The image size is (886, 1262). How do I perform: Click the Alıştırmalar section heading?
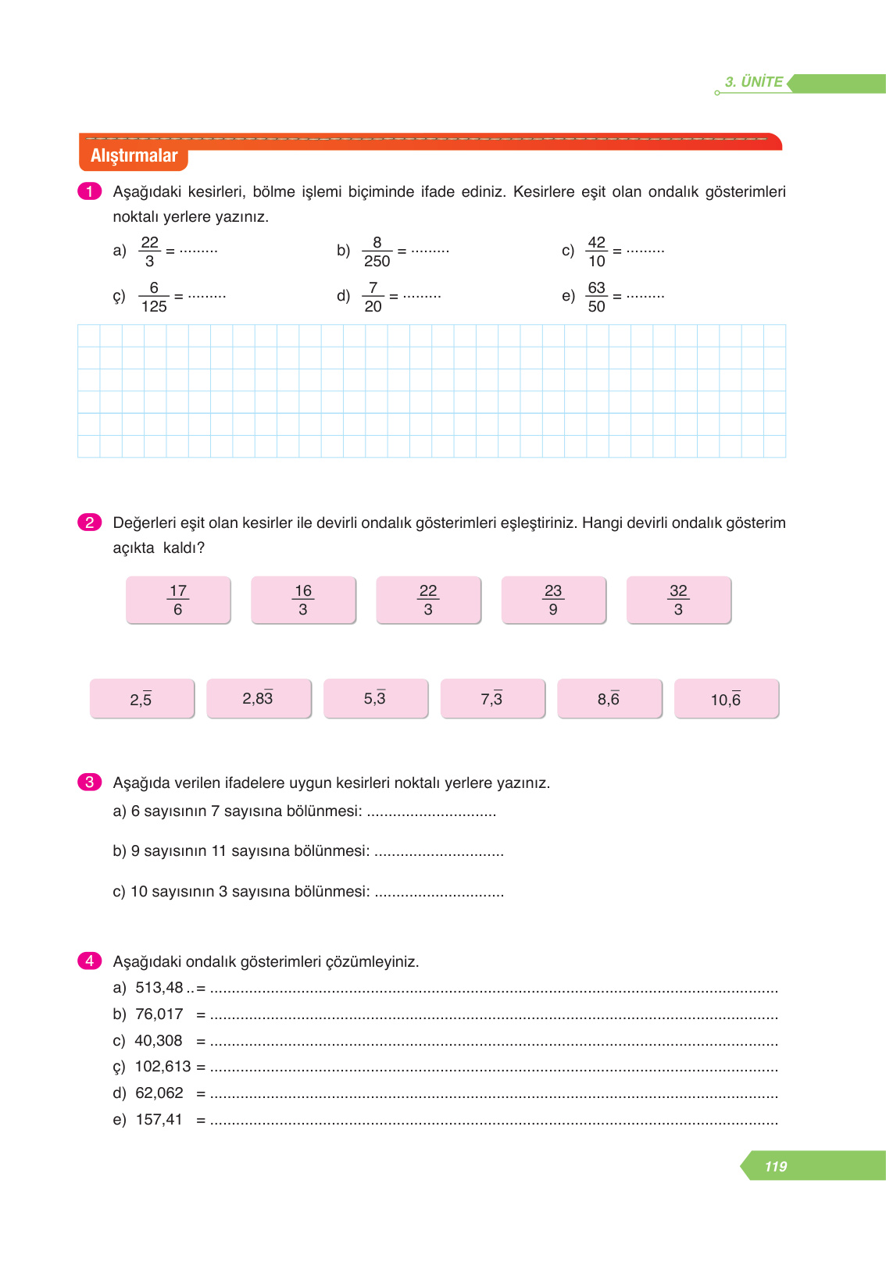(x=134, y=155)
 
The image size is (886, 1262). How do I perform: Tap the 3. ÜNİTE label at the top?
(x=753, y=82)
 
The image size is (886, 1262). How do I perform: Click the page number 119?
(x=775, y=1166)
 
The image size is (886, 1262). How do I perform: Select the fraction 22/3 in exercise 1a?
(x=150, y=251)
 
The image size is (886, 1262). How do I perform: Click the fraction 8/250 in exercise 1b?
(x=377, y=251)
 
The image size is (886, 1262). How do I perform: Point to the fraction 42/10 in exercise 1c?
(x=596, y=251)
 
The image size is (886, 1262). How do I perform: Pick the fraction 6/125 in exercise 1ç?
(x=154, y=297)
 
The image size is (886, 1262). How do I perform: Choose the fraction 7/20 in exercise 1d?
(x=373, y=297)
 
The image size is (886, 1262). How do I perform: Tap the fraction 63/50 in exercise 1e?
(x=596, y=297)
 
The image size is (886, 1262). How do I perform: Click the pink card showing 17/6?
(x=178, y=600)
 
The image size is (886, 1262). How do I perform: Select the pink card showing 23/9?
(x=553, y=600)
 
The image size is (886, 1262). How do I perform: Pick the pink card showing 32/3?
(x=678, y=600)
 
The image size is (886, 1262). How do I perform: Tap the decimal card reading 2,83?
(x=259, y=698)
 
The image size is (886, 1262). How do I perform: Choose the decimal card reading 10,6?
(x=726, y=698)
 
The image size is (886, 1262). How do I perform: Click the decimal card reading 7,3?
(x=492, y=698)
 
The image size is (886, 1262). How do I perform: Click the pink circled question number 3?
(x=89, y=782)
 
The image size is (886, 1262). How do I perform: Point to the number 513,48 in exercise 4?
(x=159, y=988)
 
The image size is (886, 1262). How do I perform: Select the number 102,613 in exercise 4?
(x=163, y=1067)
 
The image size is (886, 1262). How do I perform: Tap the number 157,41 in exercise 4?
(x=159, y=1120)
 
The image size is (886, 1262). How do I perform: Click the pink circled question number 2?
(x=89, y=522)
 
